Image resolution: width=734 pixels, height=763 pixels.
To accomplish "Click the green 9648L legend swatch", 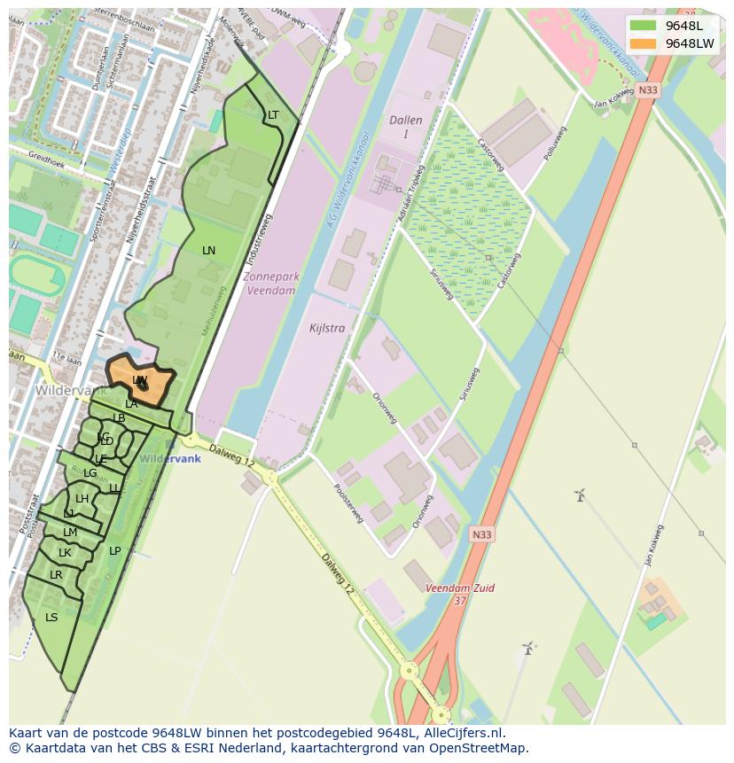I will (x=644, y=26).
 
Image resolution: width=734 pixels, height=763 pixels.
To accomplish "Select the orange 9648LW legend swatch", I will (x=644, y=43).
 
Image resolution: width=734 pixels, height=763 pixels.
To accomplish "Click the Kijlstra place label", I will (x=327, y=328).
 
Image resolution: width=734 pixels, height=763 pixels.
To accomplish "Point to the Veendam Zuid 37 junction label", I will (x=459, y=594).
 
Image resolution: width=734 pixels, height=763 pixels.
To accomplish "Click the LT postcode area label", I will (x=273, y=115).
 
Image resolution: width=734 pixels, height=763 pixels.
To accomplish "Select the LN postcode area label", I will (x=208, y=251).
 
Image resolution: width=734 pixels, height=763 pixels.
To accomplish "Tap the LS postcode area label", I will (x=51, y=618).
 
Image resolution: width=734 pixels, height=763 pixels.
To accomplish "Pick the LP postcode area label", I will (x=114, y=551).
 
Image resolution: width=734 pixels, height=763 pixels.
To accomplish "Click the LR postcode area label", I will (x=56, y=575).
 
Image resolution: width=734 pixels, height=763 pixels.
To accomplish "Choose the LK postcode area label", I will (x=65, y=553).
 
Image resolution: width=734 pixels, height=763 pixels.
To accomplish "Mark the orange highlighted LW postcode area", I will (x=140, y=381).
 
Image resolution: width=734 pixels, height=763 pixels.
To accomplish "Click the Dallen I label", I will (x=406, y=127).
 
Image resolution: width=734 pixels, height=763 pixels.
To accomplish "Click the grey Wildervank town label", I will (x=72, y=390).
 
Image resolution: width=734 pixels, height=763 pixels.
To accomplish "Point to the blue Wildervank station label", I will (x=170, y=459).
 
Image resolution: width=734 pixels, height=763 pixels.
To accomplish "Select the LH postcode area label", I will (x=82, y=499).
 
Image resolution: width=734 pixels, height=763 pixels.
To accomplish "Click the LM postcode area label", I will (x=70, y=533).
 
